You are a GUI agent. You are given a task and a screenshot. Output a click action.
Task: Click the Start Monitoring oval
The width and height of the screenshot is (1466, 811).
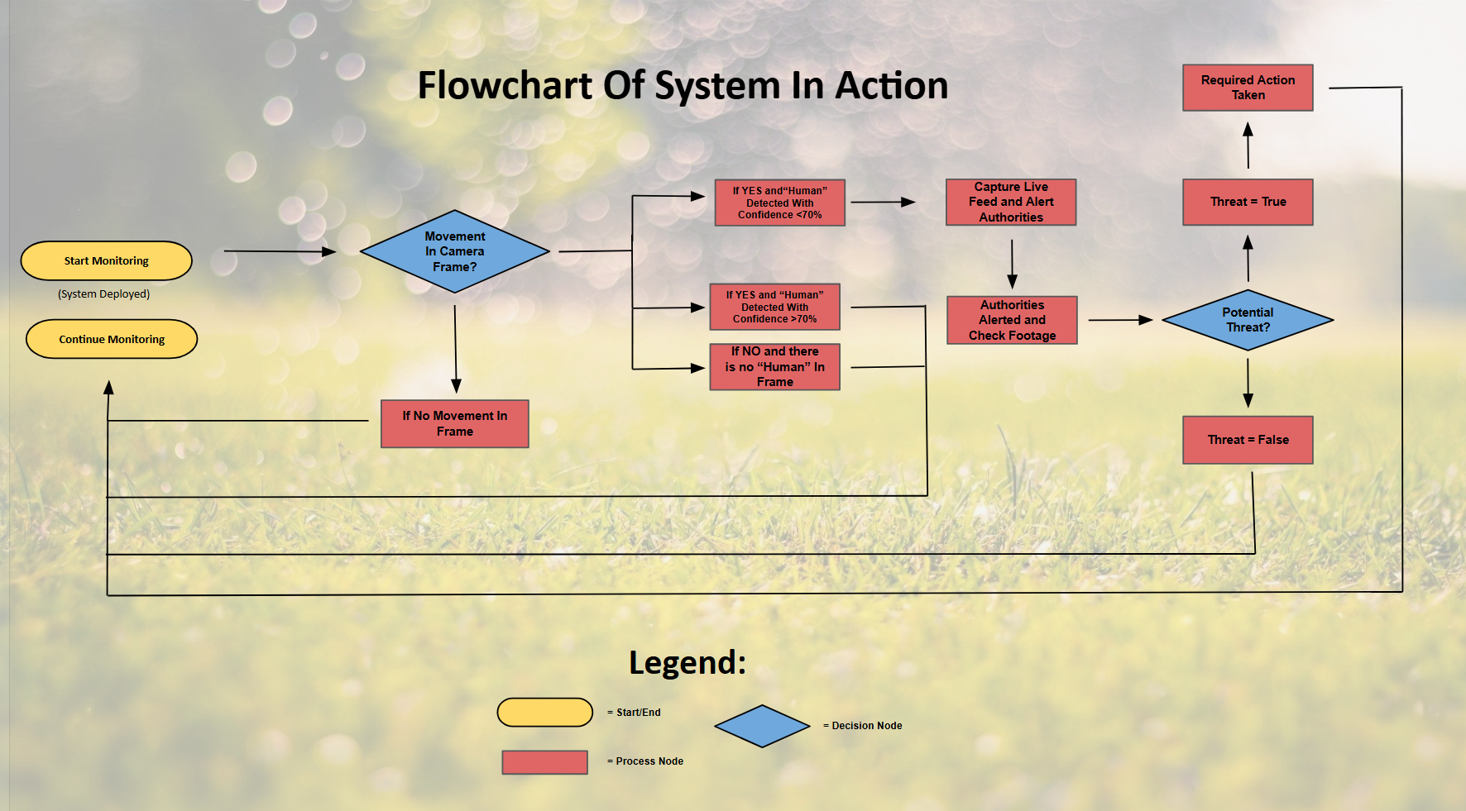coord(107,261)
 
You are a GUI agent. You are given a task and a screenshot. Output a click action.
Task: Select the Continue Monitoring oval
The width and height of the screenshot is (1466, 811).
coord(112,339)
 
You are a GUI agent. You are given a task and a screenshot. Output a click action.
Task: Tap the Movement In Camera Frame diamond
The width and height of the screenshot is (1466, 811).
coord(455,251)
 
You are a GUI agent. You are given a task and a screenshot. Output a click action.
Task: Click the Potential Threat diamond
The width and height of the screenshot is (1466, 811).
coord(1248,320)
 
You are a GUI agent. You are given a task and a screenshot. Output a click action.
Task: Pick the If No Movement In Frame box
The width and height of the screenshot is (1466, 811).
coord(455,424)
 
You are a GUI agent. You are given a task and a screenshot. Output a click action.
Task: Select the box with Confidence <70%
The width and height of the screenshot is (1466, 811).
coord(780,203)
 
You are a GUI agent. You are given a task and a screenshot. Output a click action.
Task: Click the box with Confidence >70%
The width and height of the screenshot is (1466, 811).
coord(775,307)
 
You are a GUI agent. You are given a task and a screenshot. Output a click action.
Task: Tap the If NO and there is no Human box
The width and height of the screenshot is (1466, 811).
coord(775,367)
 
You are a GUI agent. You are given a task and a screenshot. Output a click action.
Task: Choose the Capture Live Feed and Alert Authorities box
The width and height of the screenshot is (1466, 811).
coord(1011,203)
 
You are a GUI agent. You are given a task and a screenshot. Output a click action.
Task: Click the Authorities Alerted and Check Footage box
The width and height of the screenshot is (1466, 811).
coord(1013,320)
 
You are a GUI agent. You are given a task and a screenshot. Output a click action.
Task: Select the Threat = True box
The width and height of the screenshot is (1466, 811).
coord(1248,203)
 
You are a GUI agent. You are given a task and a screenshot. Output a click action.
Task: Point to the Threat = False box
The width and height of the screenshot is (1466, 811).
coord(1248,440)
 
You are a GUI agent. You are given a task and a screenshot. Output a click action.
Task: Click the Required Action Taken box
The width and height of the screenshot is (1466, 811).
coord(1248,88)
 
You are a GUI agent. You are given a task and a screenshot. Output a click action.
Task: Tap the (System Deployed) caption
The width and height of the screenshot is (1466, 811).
coord(104,294)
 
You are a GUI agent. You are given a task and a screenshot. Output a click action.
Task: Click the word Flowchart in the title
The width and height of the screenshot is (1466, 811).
coord(505,86)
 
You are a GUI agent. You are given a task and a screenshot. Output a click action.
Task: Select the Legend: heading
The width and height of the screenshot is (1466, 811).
coord(687,663)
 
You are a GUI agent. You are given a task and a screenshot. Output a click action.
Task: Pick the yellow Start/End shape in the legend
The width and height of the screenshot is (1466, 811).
coord(545,713)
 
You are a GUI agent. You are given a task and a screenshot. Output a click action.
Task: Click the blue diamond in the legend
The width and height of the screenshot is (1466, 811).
coord(762,726)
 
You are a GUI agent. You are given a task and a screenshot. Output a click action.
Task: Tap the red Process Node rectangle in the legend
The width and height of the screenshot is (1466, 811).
coord(545,762)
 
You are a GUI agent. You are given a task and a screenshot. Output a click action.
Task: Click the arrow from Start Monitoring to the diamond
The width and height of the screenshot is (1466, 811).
coord(280,251)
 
